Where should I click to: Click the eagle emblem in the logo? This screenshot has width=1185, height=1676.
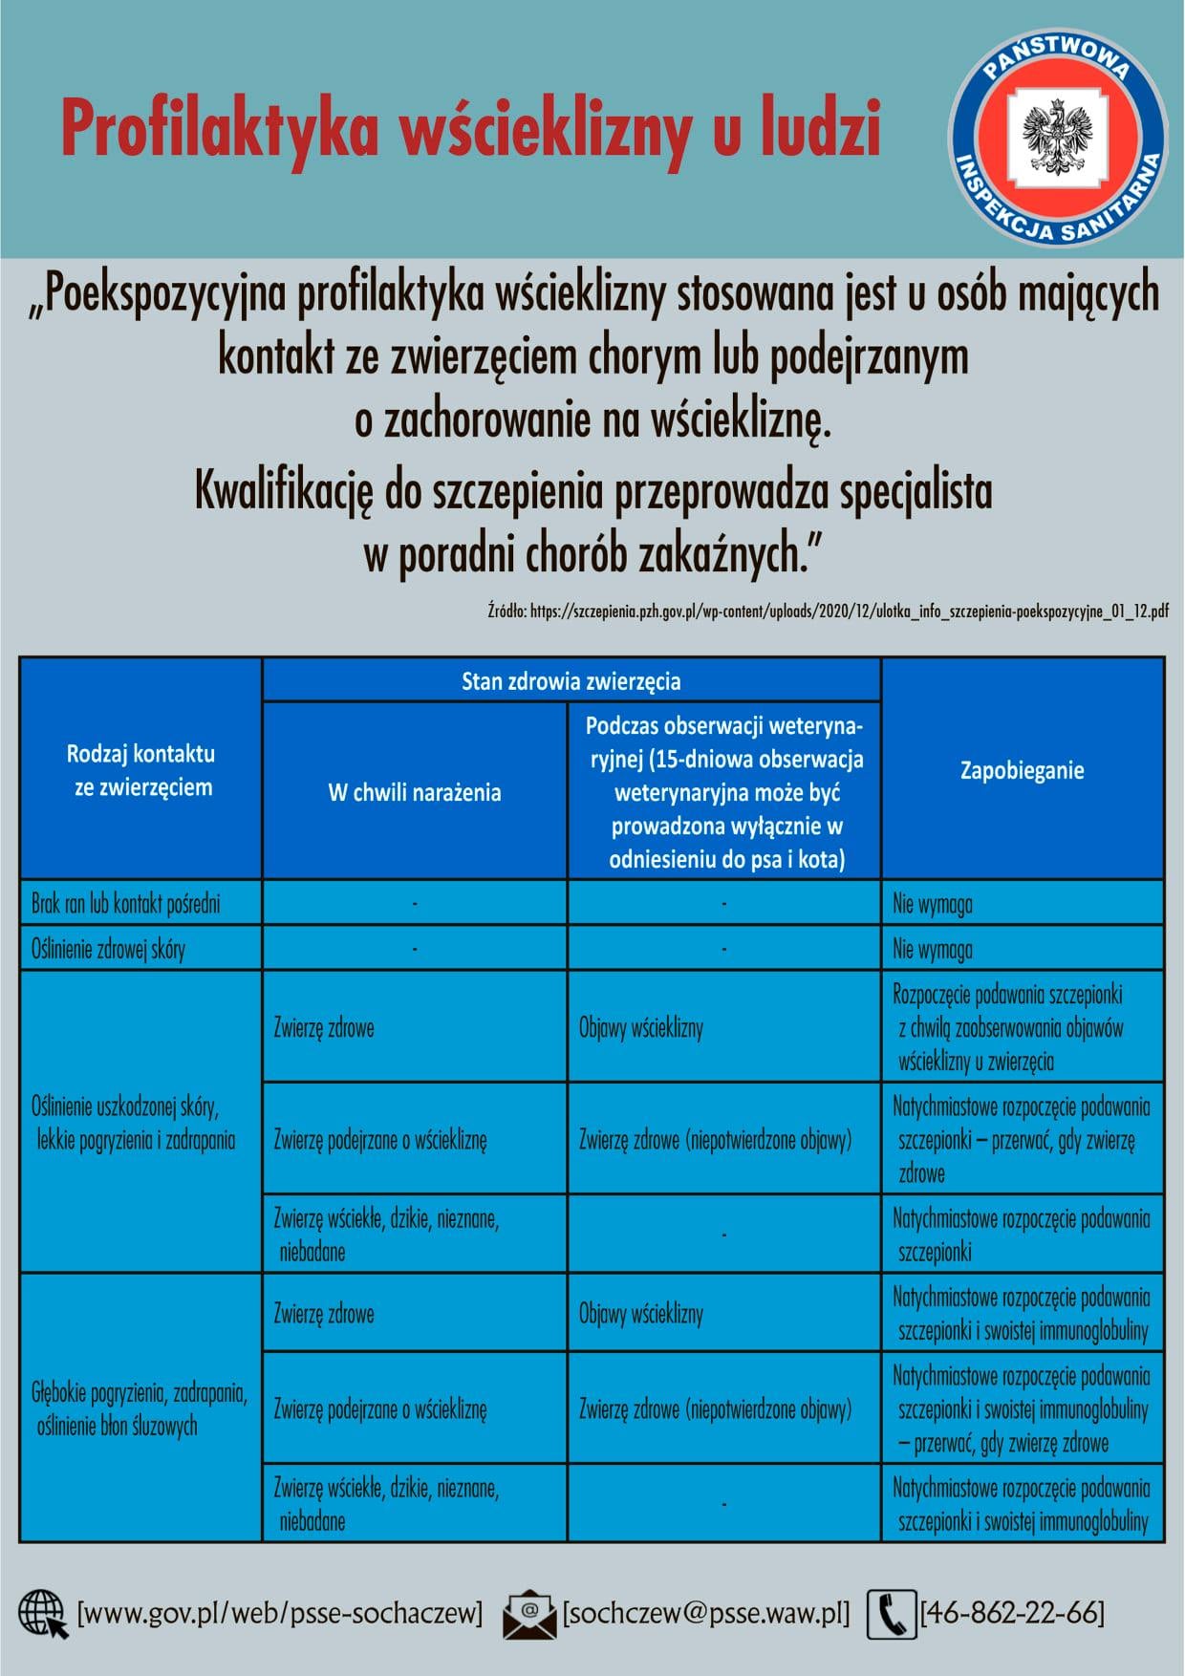[x=1057, y=134]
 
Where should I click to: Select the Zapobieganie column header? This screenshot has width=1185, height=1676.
[x=1022, y=770]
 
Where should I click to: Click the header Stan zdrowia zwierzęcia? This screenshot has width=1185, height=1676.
[x=571, y=681]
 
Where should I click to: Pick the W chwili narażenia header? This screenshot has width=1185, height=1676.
[x=414, y=792]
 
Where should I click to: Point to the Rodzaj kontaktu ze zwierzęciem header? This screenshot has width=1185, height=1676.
[x=141, y=770]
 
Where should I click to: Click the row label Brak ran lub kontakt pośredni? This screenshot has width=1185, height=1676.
[x=125, y=903]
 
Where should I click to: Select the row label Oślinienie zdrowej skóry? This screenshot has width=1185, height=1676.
[x=108, y=949]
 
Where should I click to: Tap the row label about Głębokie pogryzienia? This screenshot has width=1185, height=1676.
[x=140, y=1408]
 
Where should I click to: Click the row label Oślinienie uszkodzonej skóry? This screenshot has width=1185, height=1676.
[x=133, y=1123]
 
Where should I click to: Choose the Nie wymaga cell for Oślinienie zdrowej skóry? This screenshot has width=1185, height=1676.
[x=933, y=949]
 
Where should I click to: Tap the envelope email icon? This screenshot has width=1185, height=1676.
[x=529, y=1614]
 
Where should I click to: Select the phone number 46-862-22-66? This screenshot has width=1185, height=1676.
[x=1012, y=1613]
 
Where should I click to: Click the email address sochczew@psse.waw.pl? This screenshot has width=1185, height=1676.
[x=706, y=1613]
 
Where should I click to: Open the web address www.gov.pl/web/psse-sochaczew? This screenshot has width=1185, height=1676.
[x=279, y=1613]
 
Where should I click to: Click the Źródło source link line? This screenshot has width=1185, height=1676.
[x=828, y=612]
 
